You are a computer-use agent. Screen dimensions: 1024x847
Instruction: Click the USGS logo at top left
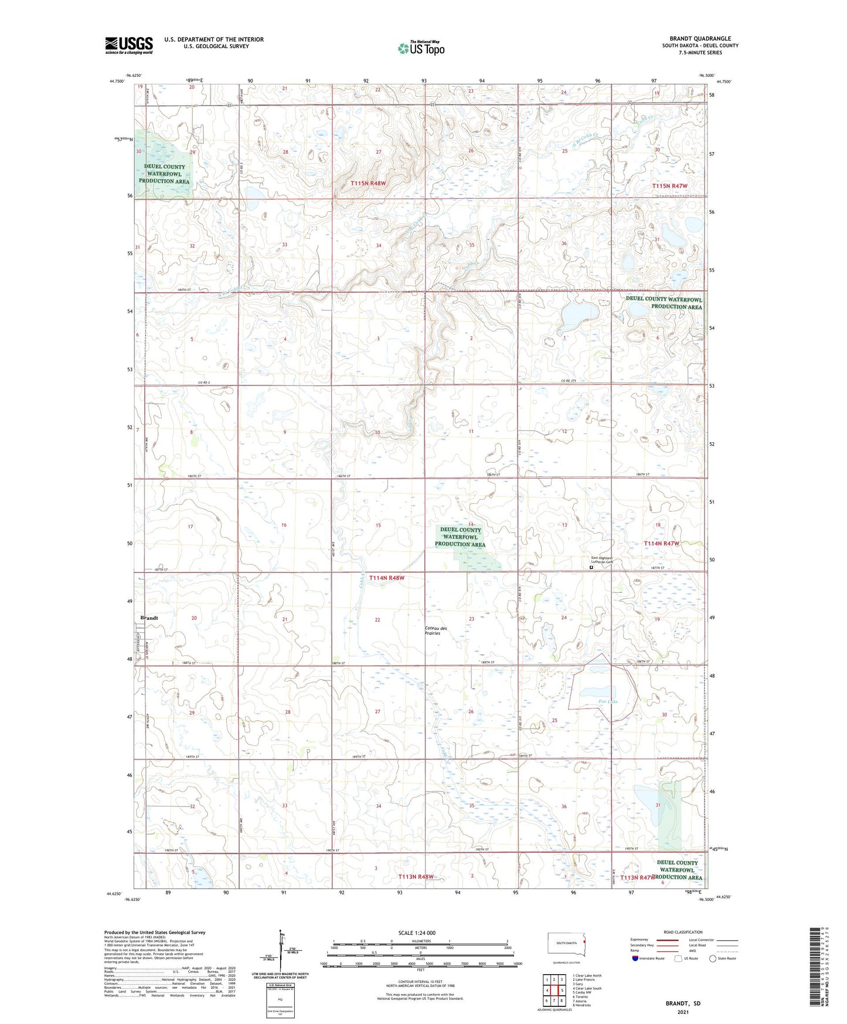[x=129, y=45]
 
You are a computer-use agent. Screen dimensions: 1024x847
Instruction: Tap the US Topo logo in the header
[x=420, y=48]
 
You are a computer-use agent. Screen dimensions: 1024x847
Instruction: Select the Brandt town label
[x=149, y=618]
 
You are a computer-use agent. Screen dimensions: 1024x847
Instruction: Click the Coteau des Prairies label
[x=436, y=630]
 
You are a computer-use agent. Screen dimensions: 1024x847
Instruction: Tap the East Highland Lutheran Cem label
[x=601, y=560]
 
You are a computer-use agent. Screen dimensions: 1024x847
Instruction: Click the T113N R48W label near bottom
[x=416, y=876]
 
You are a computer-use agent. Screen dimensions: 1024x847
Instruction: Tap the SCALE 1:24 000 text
[x=417, y=933]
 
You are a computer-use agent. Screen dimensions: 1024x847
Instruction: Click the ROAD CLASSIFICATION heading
[x=683, y=932]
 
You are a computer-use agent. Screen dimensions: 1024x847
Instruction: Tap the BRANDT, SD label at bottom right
[x=683, y=1003]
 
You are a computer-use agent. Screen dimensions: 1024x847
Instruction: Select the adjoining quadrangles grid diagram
[x=554, y=991]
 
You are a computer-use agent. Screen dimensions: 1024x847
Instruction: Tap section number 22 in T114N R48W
[x=377, y=620]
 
